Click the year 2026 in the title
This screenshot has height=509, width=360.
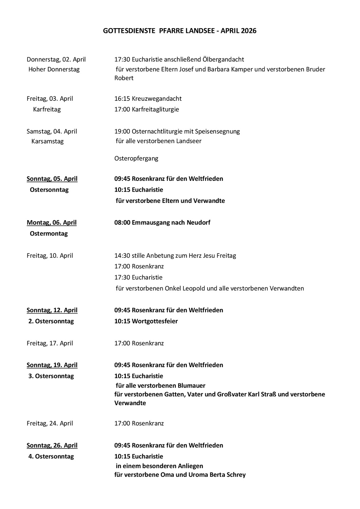(x=249, y=31)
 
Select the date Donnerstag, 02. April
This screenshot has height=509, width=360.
(x=56, y=59)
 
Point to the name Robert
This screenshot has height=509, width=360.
(x=124, y=78)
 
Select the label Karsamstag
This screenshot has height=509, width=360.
(x=48, y=141)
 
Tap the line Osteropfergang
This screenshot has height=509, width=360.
(x=136, y=158)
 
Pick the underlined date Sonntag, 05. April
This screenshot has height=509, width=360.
(x=52, y=179)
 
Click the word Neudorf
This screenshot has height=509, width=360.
(x=198, y=223)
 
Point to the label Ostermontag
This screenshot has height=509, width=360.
(x=49, y=233)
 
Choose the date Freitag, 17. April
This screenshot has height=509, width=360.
(x=50, y=343)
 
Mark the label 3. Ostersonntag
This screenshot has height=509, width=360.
(x=51, y=376)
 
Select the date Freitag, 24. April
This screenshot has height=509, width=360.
(x=50, y=423)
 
